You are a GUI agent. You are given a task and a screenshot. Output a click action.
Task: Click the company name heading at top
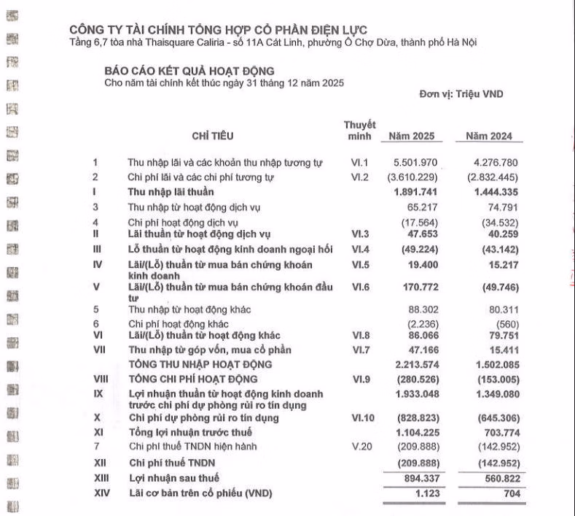coord(218,29)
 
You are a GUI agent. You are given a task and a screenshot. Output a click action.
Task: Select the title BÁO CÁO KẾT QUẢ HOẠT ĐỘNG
coord(189,71)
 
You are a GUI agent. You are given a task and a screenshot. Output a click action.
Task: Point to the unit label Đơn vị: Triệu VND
coord(461,94)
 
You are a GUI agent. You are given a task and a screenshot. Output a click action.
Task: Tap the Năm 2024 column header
coord(489,136)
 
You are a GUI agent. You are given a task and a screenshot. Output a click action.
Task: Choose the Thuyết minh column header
coord(360,131)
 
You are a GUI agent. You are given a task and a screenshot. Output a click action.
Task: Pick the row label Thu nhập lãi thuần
coord(171,192)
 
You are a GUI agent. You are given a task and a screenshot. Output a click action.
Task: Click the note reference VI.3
coord(361,234)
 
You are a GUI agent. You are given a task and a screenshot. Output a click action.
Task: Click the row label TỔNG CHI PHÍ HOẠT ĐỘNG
coord(193,379)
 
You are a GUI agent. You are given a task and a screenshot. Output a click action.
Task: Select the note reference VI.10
coord(363,418)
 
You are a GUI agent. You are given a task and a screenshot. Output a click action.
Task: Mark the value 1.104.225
coord(414,432)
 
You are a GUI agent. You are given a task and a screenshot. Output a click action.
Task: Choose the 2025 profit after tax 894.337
coord(417,478)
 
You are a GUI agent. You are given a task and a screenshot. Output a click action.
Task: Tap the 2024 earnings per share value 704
coord(507,493)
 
